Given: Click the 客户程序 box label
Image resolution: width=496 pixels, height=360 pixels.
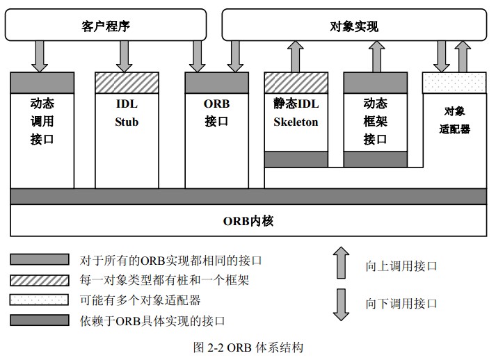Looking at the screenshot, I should click(x=106, y=27).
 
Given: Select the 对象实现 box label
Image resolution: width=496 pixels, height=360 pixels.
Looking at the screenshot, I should click(x=353, y=27).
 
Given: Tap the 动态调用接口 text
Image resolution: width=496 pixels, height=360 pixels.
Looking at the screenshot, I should click(x=42, y=121).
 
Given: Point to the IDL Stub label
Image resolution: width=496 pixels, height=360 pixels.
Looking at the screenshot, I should click(x=127, y=113).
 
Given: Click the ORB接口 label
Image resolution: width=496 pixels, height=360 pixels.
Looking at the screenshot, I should click(x=216, y=113).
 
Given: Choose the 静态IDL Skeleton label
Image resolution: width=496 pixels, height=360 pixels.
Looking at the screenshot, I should click(x=296, y=113).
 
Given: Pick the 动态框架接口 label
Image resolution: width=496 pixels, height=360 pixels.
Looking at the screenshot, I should click(x=375, y=121).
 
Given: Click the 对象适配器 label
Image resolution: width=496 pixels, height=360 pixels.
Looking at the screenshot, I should click(x=455, y=120).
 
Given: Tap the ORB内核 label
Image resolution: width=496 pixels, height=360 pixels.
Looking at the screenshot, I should click(x=248, y=221).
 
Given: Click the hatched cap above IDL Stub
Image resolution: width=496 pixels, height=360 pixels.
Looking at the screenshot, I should click(x=127, y=82).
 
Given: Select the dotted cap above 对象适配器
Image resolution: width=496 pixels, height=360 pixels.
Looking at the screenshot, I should click(x=455, y=82).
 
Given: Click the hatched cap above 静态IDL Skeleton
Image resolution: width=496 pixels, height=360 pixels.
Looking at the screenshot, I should click(x=296, y=82).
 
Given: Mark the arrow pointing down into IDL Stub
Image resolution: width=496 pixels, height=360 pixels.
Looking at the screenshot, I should click(x=126, y=56).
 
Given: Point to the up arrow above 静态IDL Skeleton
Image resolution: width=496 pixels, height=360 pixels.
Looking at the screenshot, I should click(x=296, y=56).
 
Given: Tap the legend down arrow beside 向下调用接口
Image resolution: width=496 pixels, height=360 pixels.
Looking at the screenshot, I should click(x=341, y=303).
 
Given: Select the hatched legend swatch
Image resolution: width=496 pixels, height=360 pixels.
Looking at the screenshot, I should click(x=40, y=280).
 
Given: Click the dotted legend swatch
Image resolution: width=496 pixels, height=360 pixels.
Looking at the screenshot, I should click(x=40, y=300).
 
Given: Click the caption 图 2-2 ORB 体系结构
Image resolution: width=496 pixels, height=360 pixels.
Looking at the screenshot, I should click(x=248, y=347).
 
